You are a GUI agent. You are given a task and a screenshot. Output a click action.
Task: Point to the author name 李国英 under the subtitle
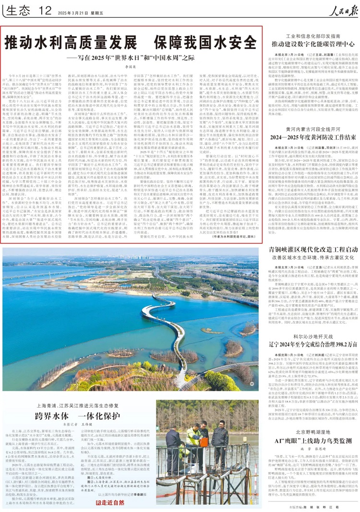tap(132, 69)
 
